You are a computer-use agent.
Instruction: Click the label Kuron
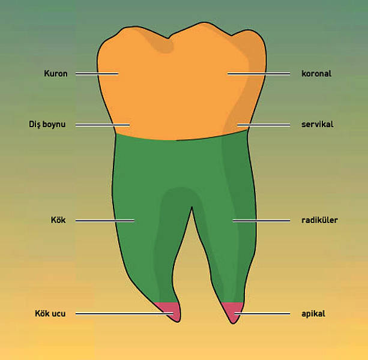tap(56, 74)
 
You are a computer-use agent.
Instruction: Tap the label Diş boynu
tap(47, 125)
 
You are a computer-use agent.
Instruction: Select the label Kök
tap(58, 220)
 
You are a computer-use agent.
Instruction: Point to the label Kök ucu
tap(50, 314)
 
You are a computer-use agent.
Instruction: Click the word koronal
tap(316, 74)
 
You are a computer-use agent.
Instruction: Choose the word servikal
tap(318, 124)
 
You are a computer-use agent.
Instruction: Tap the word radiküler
tap(319, 220)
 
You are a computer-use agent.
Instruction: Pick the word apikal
tap(313, 314)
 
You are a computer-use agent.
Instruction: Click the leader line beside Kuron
tap(97, 74)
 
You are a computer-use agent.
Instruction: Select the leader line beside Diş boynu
tap(103, 125)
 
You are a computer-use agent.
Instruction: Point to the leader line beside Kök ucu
tap(124, 314)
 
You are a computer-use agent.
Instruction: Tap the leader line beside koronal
tap(259, 74)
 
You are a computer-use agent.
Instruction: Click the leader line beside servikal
tap(264, 125)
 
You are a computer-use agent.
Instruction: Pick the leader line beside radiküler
tap(261, 220)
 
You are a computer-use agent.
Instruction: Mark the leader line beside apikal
tap(262, 314)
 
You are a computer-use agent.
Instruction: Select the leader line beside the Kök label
tap(105, 220)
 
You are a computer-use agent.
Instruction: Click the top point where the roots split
tap(192, 207)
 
